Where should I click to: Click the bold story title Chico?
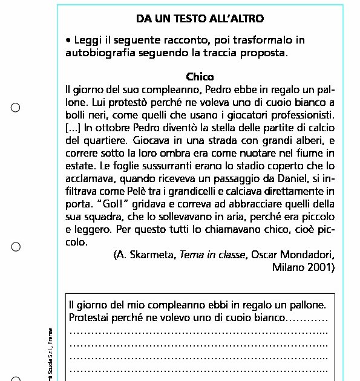click(200, 77)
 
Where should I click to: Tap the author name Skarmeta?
click(151, 255)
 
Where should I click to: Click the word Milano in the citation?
click(289, 267)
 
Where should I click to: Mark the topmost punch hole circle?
click(16, 108)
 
